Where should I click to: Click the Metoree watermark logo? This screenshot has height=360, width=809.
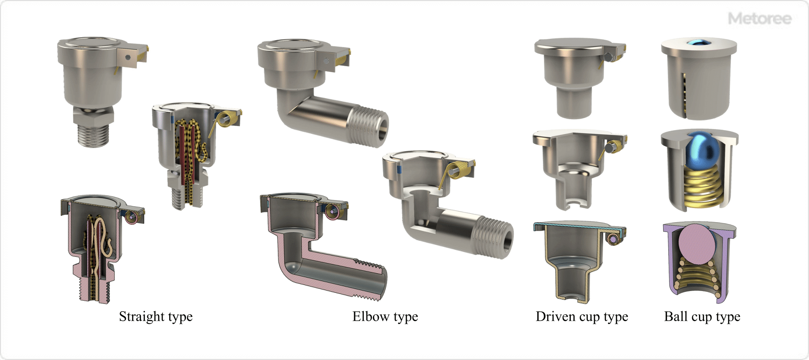(759, 19)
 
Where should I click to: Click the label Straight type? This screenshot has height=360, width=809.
(155, 316)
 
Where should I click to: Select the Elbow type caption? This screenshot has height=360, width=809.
(385, 316)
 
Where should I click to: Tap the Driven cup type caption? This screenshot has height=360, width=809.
(581, 316)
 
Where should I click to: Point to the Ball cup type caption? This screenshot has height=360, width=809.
(702, 316)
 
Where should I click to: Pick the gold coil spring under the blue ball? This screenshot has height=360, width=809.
(702, 188)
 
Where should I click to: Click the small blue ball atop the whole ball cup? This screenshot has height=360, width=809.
(699, 42)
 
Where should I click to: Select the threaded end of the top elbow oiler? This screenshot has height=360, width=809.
(367, 125)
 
